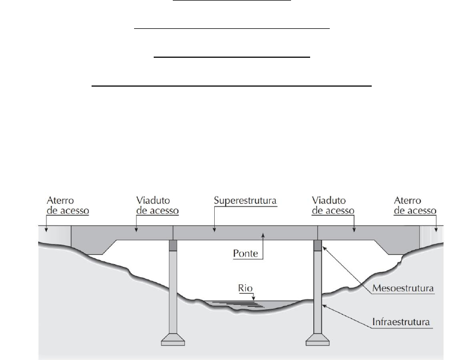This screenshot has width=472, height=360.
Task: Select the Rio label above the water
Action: [246, 288]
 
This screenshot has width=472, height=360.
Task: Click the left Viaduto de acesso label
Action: [155, 205]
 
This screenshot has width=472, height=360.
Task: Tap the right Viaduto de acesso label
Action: [333, 205]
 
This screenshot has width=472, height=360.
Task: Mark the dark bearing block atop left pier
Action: [173, 246]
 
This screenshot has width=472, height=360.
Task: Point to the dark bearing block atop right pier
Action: [318, 246]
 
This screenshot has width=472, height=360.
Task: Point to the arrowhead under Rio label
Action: [253, 298]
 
